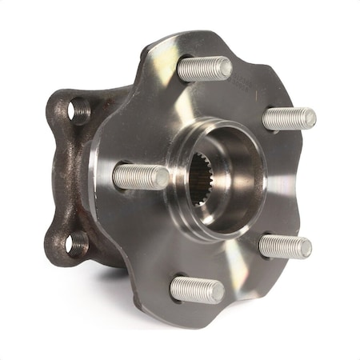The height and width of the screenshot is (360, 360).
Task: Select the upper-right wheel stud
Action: (x=288, y=118)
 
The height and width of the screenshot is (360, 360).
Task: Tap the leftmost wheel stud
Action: (x=139, y=176)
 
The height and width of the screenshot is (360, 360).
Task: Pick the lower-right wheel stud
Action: (x=285, y=246)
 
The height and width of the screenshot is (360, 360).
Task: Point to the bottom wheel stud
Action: (x=196, y=289)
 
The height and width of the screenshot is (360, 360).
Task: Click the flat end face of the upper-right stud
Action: (x=308, y=118)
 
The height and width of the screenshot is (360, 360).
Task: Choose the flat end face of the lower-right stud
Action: (x=305, y=247)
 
